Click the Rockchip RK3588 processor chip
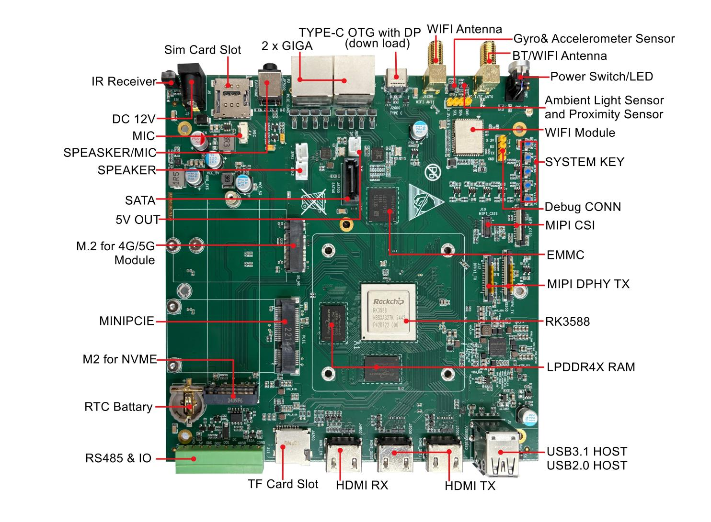(x=389, y=311)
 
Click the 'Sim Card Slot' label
(x=203, y=50)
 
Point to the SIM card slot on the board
(x=228, y=99)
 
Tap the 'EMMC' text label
(x=565, y=255)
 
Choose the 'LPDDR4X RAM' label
(x=591, y=367)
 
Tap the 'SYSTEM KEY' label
(x=585, y=162)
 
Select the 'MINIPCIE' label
(x=127, y=321)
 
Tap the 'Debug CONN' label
(x=583, y=207)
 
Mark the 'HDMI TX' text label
(x=470, y=486)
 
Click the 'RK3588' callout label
(x=567, y=322)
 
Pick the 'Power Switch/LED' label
(x=601, y=77)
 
